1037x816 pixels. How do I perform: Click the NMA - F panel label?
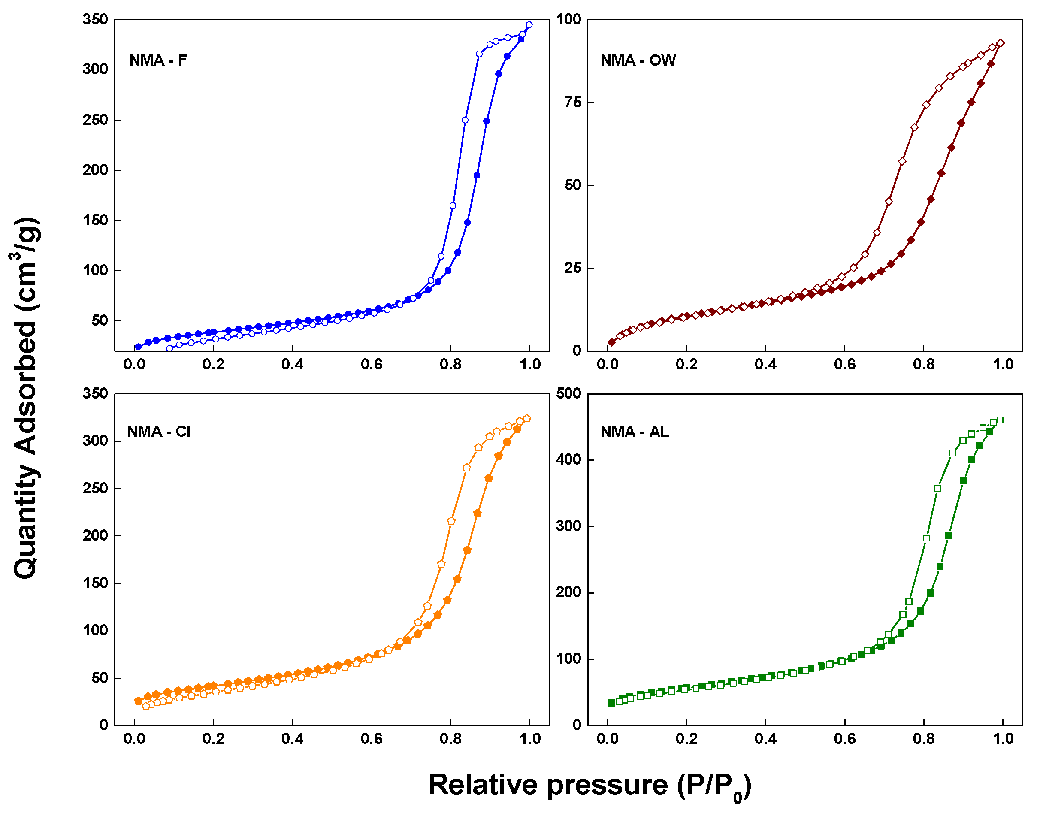pyautogui.click(x=158, y=60)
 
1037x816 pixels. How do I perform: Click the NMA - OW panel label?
pyautogui.click(x=638, y=60)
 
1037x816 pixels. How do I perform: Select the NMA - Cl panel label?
pyautogui.click(x=158, y=432)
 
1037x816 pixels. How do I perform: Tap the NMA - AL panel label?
pyautogui.click(x=634, y=432)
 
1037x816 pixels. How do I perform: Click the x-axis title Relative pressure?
pyautogui.click(x=590, y=786)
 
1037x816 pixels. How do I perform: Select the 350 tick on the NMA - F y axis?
pyautogui.click(x=95, y=20)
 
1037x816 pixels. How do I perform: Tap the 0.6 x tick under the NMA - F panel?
pyautogui.click(x=371, y=365)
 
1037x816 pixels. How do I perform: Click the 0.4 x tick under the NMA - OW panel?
pyautogui.click(x=765, y=365)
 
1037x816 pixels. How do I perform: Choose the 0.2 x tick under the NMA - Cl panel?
pyautogui.click(x=213, y=739)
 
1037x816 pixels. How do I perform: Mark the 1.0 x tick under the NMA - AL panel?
pyautogui.click(x=1003, y=739)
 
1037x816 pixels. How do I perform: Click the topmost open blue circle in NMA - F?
pyautogui.click(x=529, y=25)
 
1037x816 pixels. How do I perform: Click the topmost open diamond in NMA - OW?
pyautogui.click(x=1000, y=43)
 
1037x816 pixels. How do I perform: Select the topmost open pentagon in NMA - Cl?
pyautogui.click(x=527, y=418)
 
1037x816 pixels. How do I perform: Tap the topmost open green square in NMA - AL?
pyautogui.click(x=1000, y=420)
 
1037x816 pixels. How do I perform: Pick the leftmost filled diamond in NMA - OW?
pyautogui.click(x=611, y=342)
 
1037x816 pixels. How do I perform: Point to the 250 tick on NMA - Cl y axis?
pyautogui.click(x=95, y=488)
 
